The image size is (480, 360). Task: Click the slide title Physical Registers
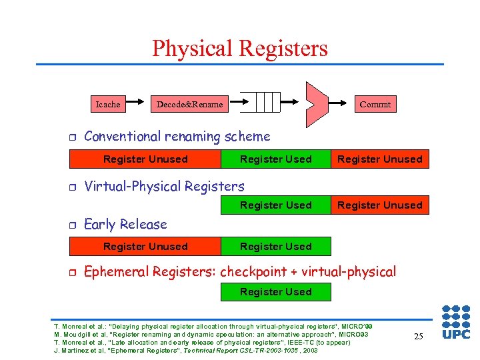240,49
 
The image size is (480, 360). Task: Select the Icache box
108,104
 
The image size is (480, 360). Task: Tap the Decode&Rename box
189,104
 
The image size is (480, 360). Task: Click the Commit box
375,104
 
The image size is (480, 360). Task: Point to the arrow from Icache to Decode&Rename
136,104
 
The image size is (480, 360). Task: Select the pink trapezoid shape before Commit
317,104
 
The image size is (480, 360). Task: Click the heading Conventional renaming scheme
177,137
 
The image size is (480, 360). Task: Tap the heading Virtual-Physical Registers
164,187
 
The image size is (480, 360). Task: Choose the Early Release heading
125,225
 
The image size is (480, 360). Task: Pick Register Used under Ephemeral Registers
275,292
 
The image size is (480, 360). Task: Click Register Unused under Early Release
145,247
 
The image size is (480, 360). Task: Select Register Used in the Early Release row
275,247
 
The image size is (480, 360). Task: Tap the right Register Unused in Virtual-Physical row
379,205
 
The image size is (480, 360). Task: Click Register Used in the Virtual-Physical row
275,205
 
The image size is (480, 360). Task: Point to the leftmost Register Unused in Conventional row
145,159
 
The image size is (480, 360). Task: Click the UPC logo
455,322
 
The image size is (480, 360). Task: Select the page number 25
418,337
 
